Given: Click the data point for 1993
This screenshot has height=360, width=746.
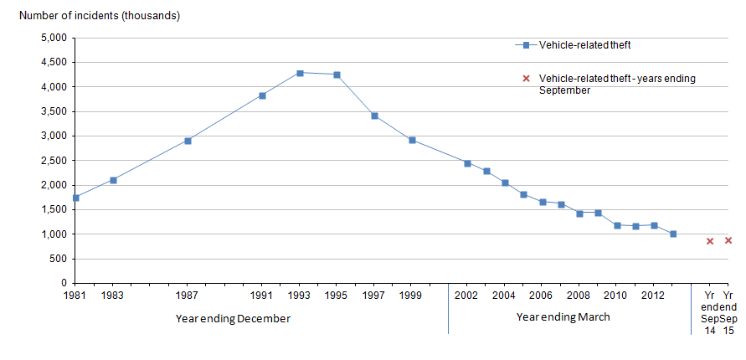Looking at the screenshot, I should [300, 73].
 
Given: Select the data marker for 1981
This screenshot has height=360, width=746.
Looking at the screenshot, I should [76, 198].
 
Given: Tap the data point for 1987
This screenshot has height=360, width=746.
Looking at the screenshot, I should [188, 141].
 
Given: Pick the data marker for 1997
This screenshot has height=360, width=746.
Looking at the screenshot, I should [374, 116].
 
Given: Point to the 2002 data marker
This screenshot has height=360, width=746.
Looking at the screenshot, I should [467, 163].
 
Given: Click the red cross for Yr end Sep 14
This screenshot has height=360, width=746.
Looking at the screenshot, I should [710, 241].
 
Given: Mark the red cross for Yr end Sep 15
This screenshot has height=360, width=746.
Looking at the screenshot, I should [728, 240].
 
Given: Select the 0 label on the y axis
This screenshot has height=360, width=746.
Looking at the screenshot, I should [64, 284].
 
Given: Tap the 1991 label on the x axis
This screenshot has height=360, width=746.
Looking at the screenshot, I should [262, 296].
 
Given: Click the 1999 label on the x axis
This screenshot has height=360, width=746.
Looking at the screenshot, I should [411, 296].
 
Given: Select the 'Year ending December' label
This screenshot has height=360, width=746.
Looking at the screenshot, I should [234, 317].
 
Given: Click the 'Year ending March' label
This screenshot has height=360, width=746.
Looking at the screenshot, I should [563, 317].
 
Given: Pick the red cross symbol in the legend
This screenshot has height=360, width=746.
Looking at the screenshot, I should [527, 79].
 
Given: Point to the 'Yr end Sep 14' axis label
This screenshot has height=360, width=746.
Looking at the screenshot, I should [710, 312].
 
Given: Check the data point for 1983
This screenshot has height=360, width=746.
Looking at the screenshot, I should [113, 180].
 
